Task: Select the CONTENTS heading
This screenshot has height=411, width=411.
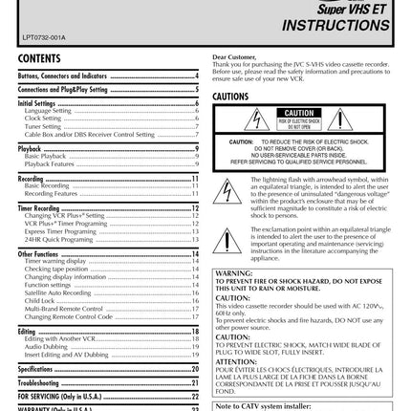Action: point(39,59)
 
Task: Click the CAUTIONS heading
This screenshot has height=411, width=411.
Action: point(231,97)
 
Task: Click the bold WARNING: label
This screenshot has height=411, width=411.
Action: point(232,273)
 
